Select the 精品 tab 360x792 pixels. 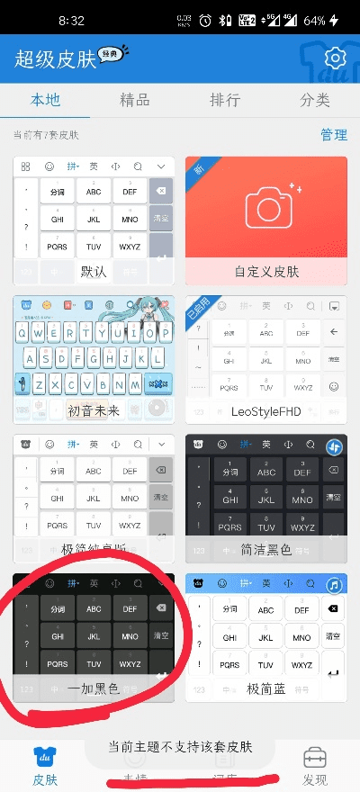pyautogui.click(x=135, y=100)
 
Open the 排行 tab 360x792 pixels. pyautogui.click(x=224, y=100)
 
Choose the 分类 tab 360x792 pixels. pyautogui.click(x=315, y=100)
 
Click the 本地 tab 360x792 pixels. pyautogui.click(x=45, y=100)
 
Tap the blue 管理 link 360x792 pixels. pyautogui.click(x=334, y=135)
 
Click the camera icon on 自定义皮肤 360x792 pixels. pyautogui.click(x=266, y=206)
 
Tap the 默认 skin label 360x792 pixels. pyautogui.click(x=94, y=271)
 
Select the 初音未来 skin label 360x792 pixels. pyautogui.click(x=94, y=409)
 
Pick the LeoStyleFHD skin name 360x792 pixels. pyautogui.click(x=266, y=409)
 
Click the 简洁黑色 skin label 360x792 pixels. pyautogui.click(x=266, y=548)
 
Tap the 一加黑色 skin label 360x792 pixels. pyautogui.click(x=94, y=688)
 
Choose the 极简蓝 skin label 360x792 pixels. pyautogui.click(x=266, y=688)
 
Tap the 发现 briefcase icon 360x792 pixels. pyautogui.click(x=315, y=756)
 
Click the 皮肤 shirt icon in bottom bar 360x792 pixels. pyautogui.click(x=45, y=756)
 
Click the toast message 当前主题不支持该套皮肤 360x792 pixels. pyautogui.click(x=180, y=747)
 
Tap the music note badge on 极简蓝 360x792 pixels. pyautogui.click(x=334, y=586)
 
